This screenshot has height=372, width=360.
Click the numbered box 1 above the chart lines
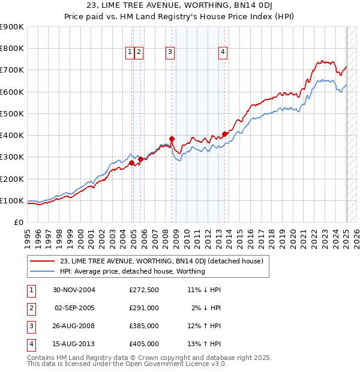tap(130, 53)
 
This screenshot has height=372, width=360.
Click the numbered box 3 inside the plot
tap(170, 53)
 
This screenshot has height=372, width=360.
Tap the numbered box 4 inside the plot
tap(223, 53)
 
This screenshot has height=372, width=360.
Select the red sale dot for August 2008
tap(172, 139)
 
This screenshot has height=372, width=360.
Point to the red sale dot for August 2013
tap(224, 134)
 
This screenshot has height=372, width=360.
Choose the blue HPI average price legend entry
tap(132, 271)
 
